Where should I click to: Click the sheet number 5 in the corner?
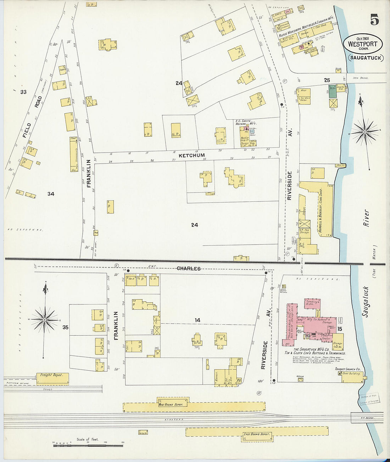[x=374, y=20]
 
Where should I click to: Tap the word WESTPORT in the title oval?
[x=362, y=44]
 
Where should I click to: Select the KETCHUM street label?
[x=192, y=155]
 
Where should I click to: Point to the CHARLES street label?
[x=189, y=269]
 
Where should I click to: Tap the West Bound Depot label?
[x=171, y=404]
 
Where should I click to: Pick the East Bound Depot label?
[x=256, y=434]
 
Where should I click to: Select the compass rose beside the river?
[x=364, y=132]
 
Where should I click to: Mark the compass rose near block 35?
[x=44, y=320]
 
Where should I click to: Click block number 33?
[x=23, y=92]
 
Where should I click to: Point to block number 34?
[x=51, y=194]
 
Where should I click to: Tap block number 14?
[x=197, y=320]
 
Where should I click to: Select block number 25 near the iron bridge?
[x=327, y=80]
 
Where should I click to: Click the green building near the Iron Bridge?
[x=333, y=91]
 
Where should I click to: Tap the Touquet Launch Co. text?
[x=347, y=369]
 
